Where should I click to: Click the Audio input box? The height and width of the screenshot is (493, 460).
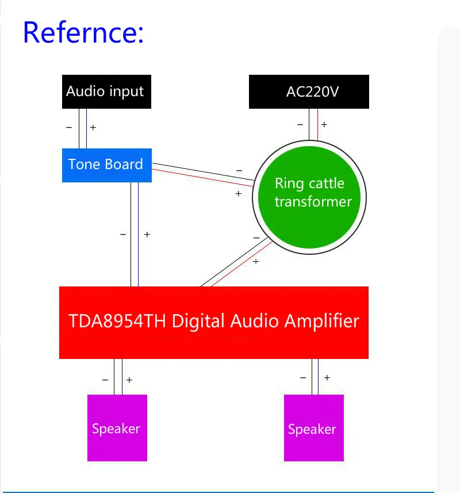click(x=106, y=91)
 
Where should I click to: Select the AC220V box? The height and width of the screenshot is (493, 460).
click(x=309, y=91)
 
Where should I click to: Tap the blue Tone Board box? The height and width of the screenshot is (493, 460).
click(x=106, y=165)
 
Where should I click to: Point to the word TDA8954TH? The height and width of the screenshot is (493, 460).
click(x=117, y=321)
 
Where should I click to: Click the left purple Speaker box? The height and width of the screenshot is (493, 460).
click(x=117, y=427)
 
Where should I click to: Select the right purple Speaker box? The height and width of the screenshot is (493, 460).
click(x=313, y=428)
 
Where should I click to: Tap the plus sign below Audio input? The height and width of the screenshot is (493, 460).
click(x=93, y=127)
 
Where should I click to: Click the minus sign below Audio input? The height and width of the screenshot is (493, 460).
click(x=69, y=127)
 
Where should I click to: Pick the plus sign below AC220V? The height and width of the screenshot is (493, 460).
click(x=324, y=124)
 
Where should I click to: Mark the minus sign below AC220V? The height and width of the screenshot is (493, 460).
click(x=300, y=124)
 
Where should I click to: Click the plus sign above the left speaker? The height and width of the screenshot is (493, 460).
click(x=129, y=380)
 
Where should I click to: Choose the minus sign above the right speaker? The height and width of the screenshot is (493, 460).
click(x=303, y=378)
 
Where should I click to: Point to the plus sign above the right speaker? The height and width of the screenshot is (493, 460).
click(x=327, y=378)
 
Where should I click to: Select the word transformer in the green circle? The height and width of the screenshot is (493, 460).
click(x=313, y=201)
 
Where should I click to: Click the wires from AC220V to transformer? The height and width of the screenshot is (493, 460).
click(x=313, y=124)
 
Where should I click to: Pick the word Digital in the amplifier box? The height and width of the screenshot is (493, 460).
click(x=199, y=321)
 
